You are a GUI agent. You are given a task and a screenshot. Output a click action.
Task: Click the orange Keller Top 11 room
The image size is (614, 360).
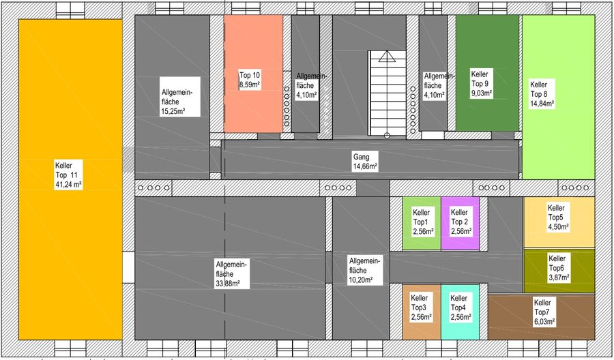click(70, 179)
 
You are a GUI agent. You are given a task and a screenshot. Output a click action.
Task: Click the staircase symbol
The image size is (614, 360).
click(387, 94)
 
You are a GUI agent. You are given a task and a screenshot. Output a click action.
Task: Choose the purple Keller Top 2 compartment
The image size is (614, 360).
click(460, 223)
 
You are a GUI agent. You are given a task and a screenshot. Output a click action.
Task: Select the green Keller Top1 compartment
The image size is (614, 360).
click(422, 223)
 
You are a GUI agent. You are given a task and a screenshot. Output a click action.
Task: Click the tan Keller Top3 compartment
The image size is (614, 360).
click(422, 312)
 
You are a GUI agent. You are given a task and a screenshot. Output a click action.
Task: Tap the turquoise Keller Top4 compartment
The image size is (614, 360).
click(460, 312)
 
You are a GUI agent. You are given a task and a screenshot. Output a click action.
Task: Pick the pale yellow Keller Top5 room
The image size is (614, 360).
click(559, 222)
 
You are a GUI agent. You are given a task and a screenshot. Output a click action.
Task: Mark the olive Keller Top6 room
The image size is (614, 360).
click(559, 271)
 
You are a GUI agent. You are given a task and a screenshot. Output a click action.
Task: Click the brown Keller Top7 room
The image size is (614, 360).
click(541, 317)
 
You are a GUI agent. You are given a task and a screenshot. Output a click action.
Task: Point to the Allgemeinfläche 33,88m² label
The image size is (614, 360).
click(232, 273)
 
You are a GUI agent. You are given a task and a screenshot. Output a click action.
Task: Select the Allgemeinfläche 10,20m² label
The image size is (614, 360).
click(365, 271)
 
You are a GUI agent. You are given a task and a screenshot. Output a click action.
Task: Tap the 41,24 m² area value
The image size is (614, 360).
click(68, 185)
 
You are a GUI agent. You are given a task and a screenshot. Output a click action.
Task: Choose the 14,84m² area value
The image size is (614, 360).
click(542, 104)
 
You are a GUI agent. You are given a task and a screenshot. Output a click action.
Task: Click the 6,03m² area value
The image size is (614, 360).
click(544, 322)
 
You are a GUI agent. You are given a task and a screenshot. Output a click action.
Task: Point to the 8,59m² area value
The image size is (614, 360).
click(250, 85)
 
